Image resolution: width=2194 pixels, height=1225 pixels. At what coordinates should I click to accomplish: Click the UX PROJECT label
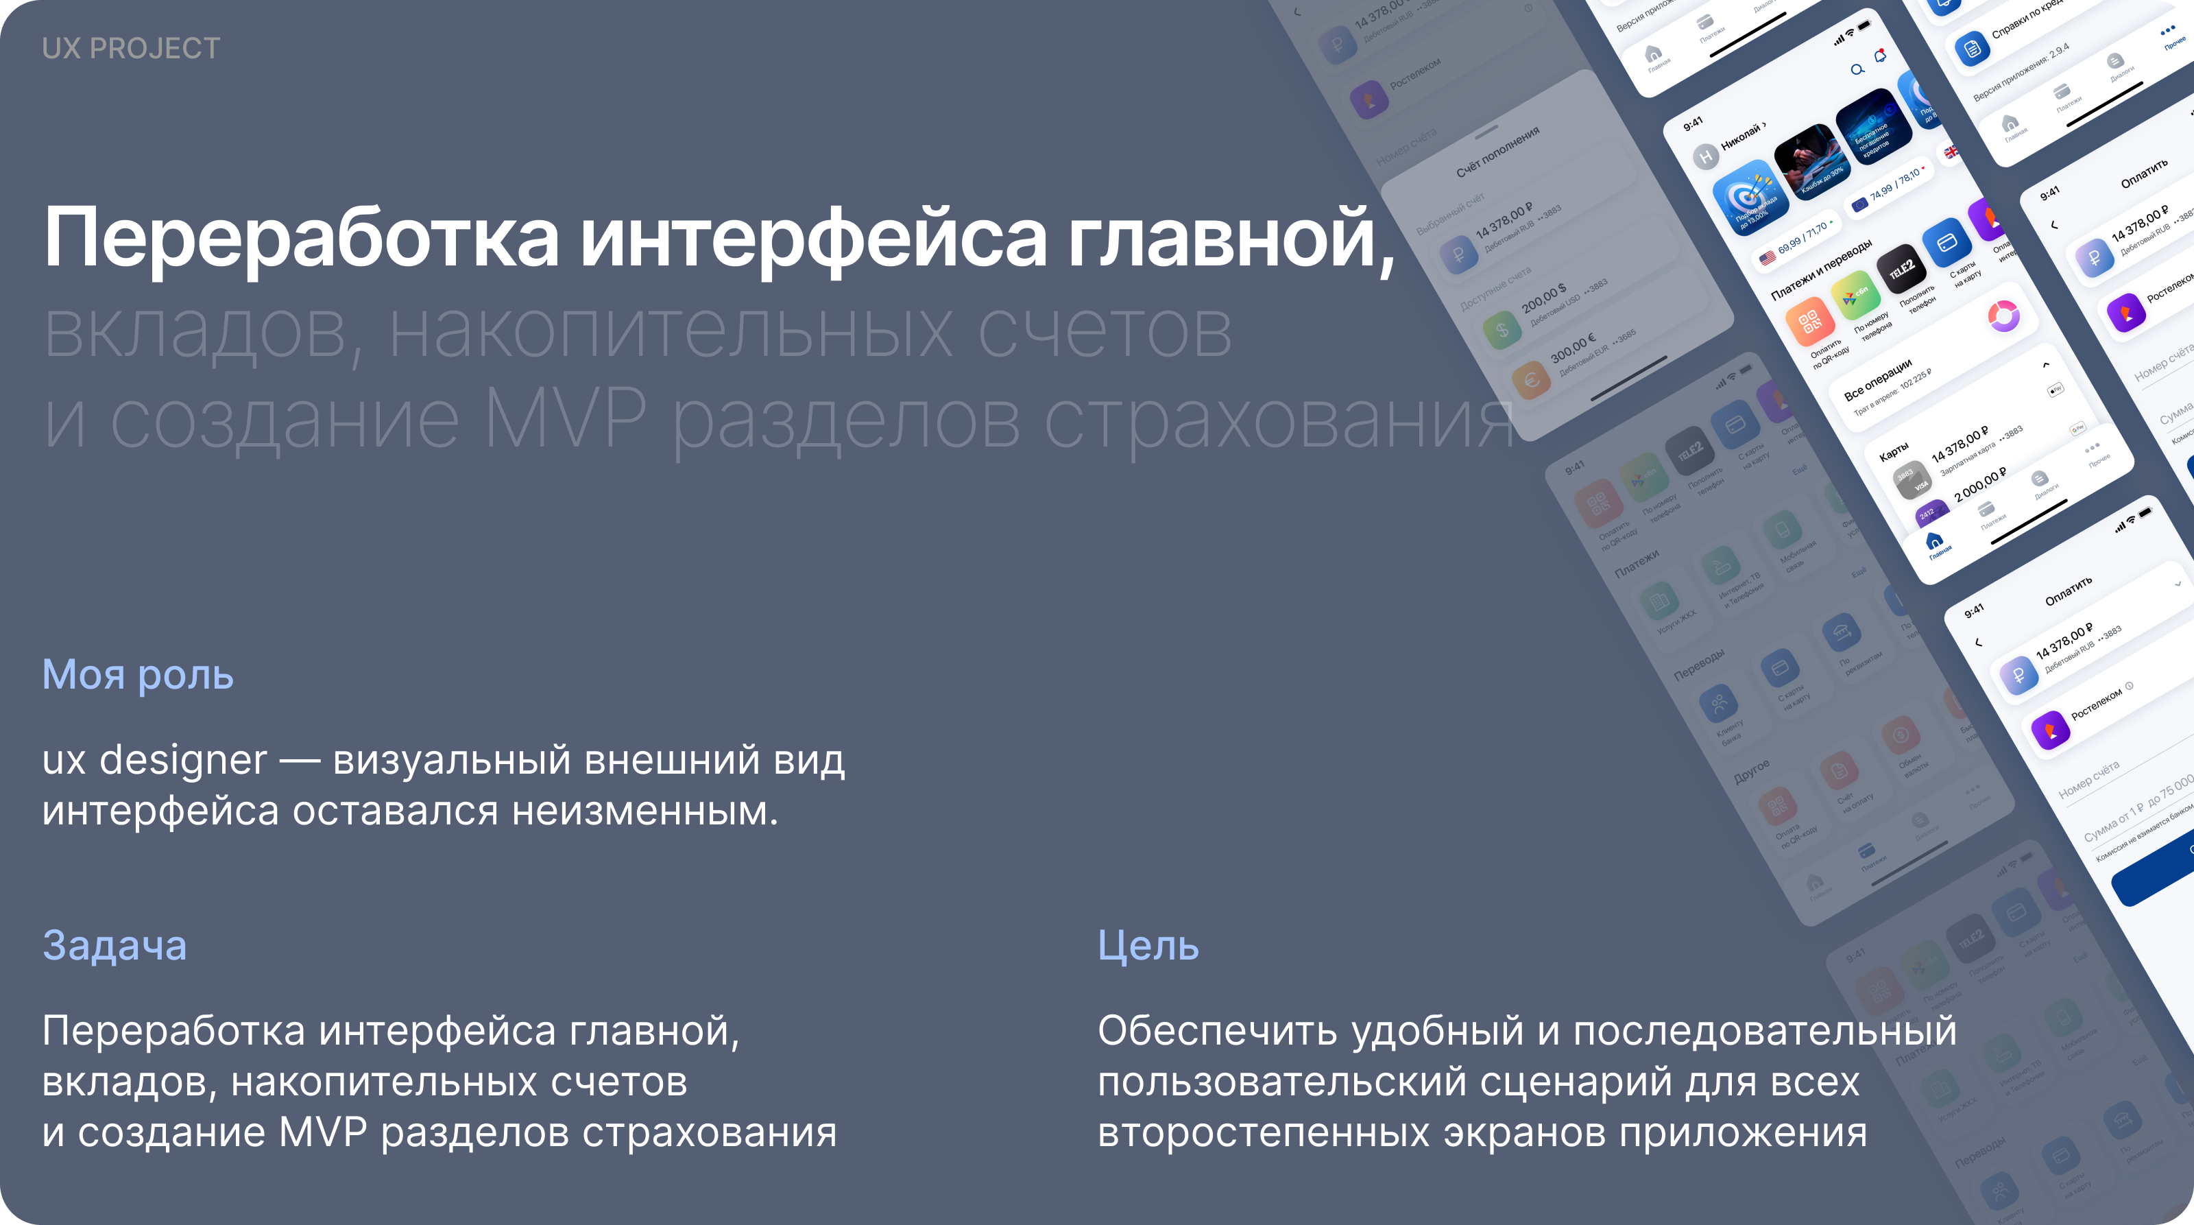point(131,49)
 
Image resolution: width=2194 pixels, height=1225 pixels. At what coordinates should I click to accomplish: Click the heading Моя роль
point(138,675)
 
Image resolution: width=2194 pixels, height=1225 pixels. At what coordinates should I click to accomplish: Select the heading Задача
point(114,946)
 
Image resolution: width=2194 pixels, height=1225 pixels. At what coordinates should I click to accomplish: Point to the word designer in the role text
point(182,760)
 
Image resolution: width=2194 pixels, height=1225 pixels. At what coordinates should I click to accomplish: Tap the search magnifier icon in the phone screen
point(1857,70)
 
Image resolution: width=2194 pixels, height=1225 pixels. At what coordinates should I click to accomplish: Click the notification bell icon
point(1881,57)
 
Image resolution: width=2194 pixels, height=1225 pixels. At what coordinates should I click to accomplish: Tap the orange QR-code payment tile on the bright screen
point(1809,322)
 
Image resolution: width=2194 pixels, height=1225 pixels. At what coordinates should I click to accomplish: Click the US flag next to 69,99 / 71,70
point(1768,257)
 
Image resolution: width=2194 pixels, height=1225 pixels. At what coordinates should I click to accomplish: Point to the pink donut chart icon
point(2003,316)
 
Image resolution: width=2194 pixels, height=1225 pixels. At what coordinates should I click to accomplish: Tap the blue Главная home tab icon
point(1934,540)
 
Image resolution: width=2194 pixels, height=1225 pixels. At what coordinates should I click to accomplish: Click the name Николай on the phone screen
point(1741,137)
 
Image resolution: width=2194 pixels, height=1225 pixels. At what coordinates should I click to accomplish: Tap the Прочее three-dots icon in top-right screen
point(2167,32)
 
